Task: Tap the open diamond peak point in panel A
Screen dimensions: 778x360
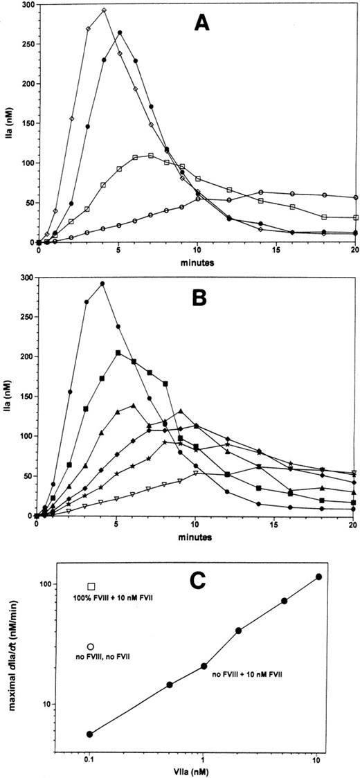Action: (x=103, y=10)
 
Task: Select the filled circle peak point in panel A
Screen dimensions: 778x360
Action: (x=120, y=33)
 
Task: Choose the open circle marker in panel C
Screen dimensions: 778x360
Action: (x=91, y=646)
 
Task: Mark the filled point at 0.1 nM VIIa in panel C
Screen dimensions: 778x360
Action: (x=89, y=734)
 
